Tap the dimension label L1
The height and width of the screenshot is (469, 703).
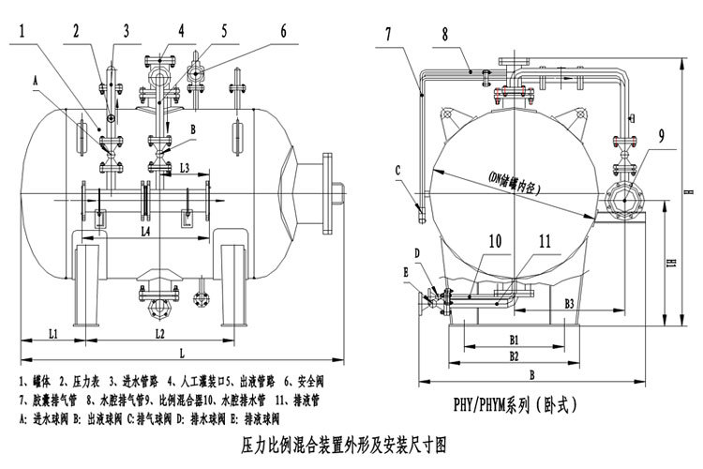(x=53, y=333)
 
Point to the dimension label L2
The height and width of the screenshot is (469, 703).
(x=159, y=333)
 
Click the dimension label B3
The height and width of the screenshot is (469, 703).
(x=562, y=305)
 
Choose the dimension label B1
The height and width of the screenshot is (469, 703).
(x=515, y=338)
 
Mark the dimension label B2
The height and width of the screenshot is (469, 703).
(x=515, y=356)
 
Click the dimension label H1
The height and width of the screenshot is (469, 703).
(x=672, y=265)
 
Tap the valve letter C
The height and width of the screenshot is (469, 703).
(x=398, y=170)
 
